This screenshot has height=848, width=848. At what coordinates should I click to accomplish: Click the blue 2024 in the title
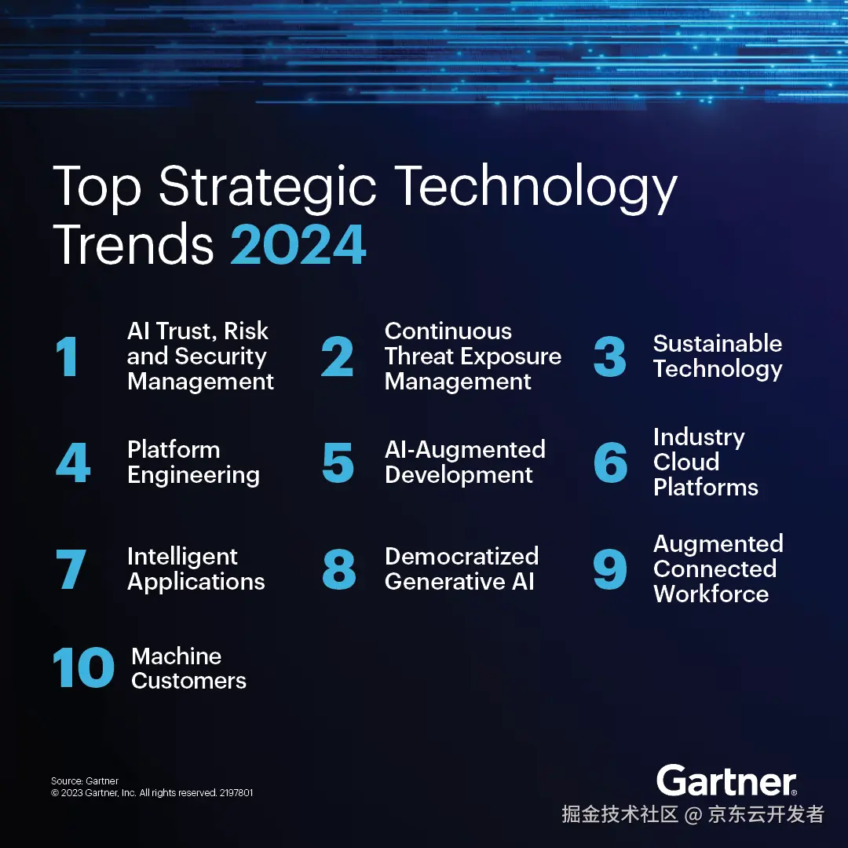click(298, 244)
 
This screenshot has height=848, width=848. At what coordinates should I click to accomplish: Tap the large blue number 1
click(67, 357)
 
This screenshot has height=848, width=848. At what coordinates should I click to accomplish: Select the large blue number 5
click(338, 462)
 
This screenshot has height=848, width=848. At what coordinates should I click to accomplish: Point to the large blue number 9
click(610, 569)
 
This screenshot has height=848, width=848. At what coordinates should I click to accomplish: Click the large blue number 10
click(83, 669)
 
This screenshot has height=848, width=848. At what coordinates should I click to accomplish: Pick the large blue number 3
click(610, 357)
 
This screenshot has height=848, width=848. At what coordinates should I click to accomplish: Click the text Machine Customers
click(188, 668)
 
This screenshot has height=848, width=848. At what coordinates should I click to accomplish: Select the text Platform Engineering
click(193, 462)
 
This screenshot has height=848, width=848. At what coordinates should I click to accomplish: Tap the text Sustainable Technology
click(718, 356)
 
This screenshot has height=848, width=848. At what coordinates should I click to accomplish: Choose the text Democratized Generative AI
click(462, 568)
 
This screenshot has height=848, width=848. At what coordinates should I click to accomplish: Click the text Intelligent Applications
click(196, 568)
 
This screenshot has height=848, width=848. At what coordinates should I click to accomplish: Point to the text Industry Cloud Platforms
click(705, 462)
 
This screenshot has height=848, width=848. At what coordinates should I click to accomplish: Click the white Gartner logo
click(726, 780)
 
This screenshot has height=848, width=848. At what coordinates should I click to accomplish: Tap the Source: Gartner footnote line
click(85, 781)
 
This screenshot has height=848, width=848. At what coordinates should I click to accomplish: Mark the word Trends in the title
click(133, 244)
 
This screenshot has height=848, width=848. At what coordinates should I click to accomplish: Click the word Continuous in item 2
click(448, 331)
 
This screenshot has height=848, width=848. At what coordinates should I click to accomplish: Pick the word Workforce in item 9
click(711, 594)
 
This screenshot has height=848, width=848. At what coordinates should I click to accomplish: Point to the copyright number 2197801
click(236, 793)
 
